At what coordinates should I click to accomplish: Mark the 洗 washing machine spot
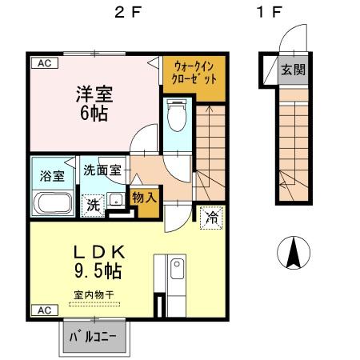pyautogui.click(x=94, y=204)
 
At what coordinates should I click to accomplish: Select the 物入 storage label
pyautogui.click(x=145, y=197)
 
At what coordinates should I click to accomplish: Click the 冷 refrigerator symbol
pyautogui.click(x=212, y=215)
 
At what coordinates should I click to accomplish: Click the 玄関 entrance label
pyautogui.click(x=292, y=69)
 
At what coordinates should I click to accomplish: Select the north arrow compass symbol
pyautogui.click(x=294, y=254)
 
